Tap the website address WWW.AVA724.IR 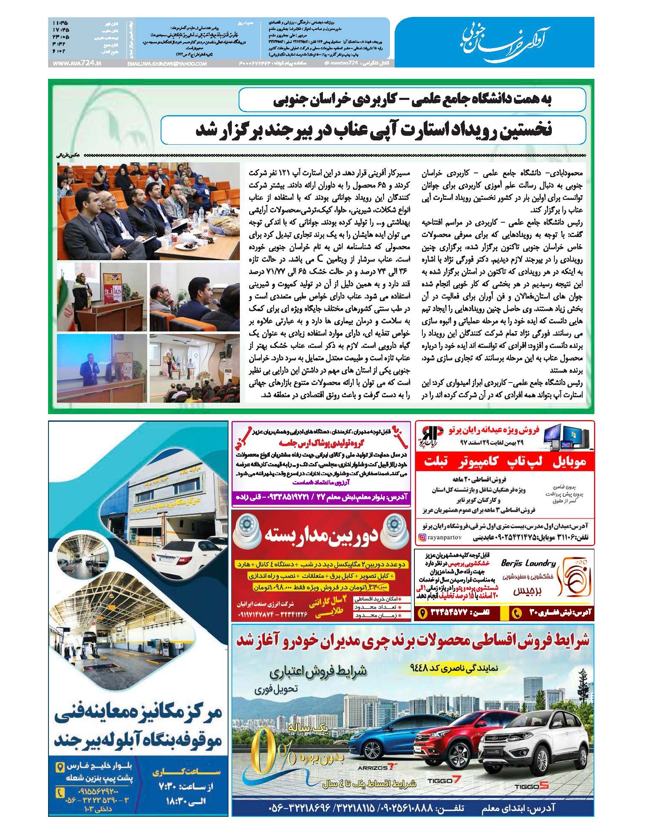[x=78, y=63]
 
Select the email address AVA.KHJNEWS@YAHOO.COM [x=167, y=64]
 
